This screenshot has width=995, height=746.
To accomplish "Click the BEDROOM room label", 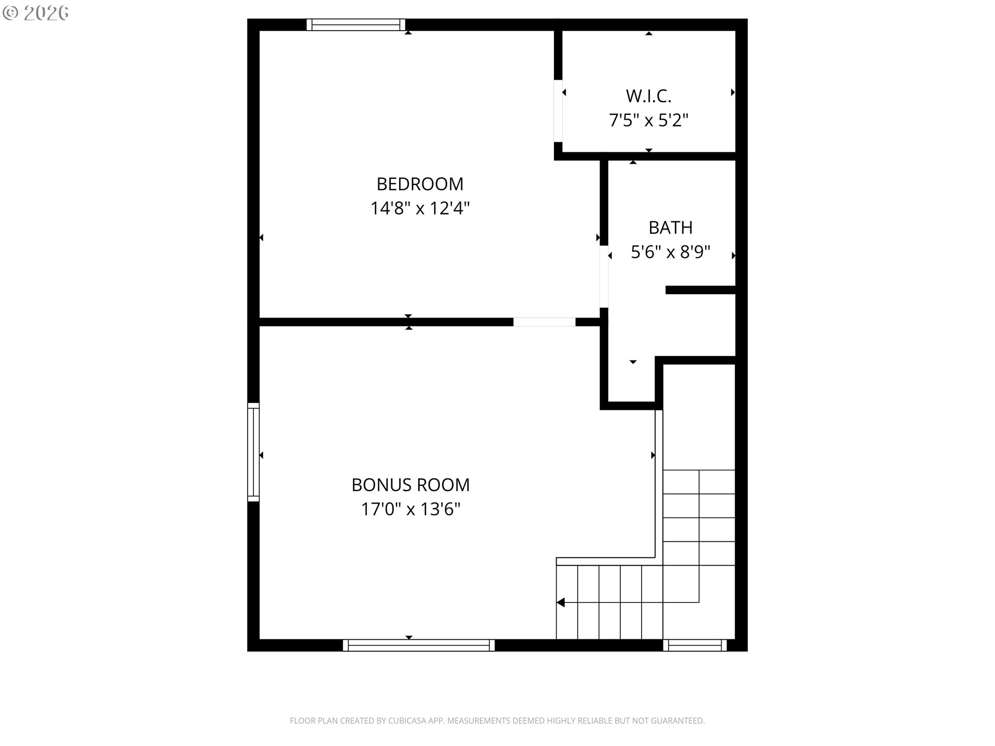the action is (420, 184).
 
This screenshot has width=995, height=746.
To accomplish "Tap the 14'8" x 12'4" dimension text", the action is (420, 208).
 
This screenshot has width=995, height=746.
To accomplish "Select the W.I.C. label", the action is (648, 96).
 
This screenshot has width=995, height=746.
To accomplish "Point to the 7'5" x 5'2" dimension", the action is (648, 120).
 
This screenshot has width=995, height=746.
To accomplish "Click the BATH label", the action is (671, 227).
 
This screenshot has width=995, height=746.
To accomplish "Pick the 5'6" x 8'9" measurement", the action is (671, 252).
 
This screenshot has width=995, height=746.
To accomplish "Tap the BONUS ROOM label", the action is (410, 485).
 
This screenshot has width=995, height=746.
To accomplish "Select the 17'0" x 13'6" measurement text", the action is (410, 509).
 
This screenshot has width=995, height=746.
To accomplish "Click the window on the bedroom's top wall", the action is (356, 24).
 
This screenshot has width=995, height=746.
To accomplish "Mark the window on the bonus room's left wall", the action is (253, 452).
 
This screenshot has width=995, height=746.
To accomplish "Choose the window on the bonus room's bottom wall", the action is (419, 645).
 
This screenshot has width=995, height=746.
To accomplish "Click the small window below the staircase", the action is (695, 645).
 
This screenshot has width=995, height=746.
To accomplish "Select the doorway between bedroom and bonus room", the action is (544, 322).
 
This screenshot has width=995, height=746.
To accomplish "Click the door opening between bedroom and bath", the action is (604, 277).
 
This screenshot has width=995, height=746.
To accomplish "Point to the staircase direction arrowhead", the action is (560, 602).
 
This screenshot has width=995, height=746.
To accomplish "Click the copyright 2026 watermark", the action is (36, 13).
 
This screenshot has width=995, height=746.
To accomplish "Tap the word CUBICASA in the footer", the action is (406, 721).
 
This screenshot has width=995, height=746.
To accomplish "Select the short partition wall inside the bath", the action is (701, 290).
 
